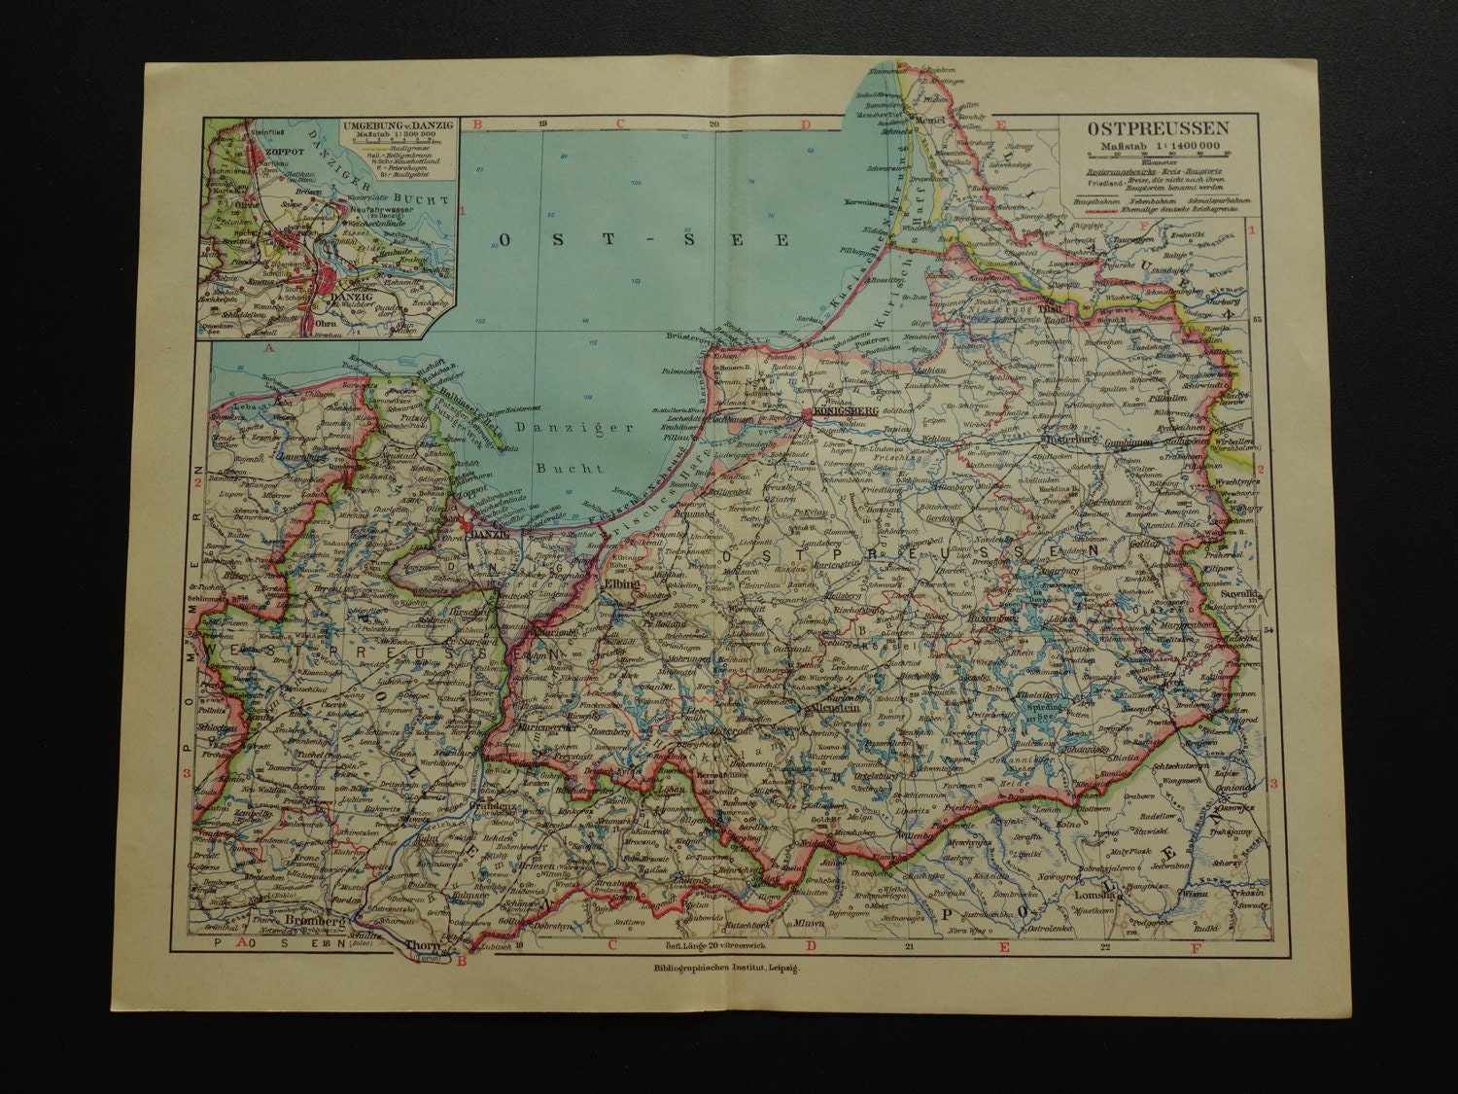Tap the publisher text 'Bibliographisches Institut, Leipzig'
(x=720, y=983)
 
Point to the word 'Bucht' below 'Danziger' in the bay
(x=570, y=467)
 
